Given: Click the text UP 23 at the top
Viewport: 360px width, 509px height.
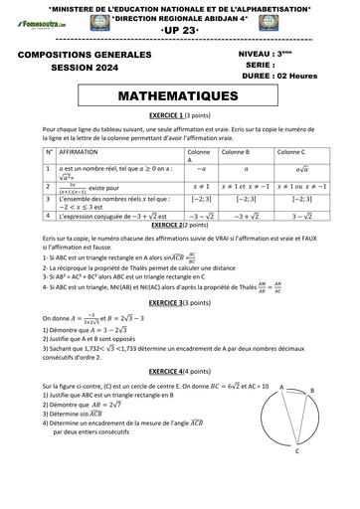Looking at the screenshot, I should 179,32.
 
